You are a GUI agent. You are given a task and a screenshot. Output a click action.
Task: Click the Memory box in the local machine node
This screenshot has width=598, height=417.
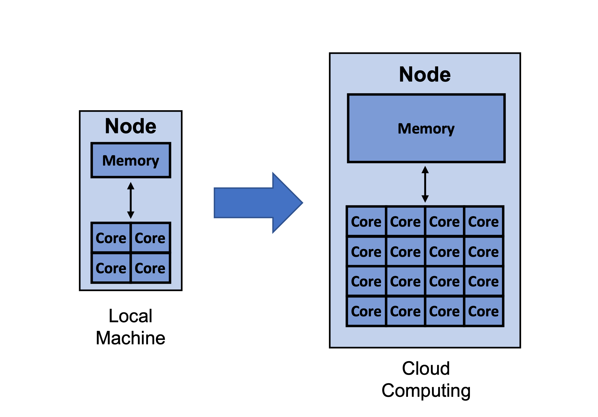tap(131, 160)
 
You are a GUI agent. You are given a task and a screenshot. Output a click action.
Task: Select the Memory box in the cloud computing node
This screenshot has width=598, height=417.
tap(426, 128)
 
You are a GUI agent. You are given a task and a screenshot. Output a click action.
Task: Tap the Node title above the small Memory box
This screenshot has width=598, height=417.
tap(131, 126)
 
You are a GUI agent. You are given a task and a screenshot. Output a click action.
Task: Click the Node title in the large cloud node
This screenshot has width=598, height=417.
tap(425, 75)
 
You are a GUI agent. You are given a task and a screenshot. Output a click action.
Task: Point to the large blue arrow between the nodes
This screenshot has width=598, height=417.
tap(258, 203)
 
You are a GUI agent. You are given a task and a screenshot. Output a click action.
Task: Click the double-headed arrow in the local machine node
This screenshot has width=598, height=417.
tap(131, 200)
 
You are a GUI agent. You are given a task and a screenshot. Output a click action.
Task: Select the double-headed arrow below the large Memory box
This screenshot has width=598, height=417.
tap(425, 184)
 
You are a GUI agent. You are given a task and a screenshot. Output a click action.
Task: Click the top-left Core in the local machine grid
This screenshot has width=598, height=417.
tap(111, 238)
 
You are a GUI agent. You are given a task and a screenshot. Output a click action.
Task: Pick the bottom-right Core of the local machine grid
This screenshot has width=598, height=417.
tap(150, 268)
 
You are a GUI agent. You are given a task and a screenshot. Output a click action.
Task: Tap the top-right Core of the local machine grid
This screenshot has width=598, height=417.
tap(150, 238)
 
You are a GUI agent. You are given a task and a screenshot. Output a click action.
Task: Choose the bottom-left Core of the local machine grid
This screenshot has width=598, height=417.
tap(111, 268)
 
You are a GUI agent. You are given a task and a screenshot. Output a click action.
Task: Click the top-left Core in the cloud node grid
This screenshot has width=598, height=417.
tap(366, 222)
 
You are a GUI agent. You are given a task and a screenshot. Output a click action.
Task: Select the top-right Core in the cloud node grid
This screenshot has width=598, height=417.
tap(484, 222)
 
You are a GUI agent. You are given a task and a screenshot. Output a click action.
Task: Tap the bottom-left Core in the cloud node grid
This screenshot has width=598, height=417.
tap(366, 311)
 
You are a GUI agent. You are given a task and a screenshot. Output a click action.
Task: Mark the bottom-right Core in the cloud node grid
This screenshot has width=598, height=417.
tap(484, 311)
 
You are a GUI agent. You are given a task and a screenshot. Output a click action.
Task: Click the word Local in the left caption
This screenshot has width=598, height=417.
tap(131, 316)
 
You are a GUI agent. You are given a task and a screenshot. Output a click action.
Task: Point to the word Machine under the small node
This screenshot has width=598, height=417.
tap(131, 338)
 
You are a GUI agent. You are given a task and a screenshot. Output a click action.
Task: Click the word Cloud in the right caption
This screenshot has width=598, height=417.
tap(426, 368)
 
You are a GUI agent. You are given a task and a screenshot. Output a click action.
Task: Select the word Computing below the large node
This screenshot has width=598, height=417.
tap(426, 391)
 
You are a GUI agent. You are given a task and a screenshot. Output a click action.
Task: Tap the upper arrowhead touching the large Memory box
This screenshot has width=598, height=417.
tap(425, 170)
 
